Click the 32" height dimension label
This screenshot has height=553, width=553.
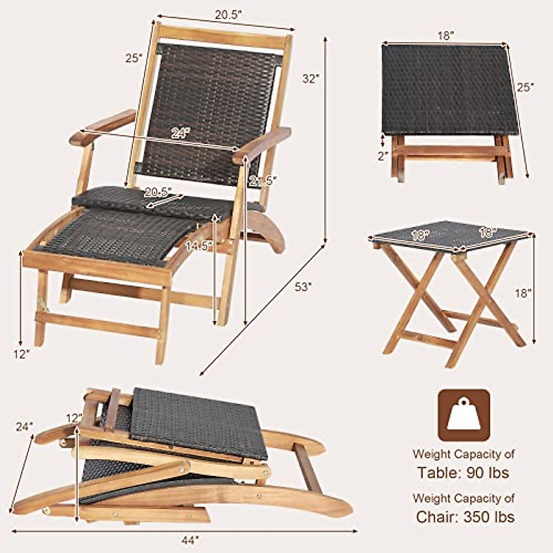311,79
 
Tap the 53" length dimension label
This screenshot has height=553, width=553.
304,287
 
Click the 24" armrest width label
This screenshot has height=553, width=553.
180,134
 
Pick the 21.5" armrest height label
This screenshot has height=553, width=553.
262,181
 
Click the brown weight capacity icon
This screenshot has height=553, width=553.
463,415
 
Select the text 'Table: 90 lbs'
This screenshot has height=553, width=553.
463,472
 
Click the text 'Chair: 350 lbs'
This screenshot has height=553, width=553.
465,516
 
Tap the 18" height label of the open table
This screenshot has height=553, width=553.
523,293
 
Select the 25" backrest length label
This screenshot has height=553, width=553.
134,59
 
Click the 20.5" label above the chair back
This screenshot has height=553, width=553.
228,15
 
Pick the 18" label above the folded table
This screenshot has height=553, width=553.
446,35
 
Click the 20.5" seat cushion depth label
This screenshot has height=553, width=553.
157,191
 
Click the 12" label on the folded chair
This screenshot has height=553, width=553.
74,418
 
